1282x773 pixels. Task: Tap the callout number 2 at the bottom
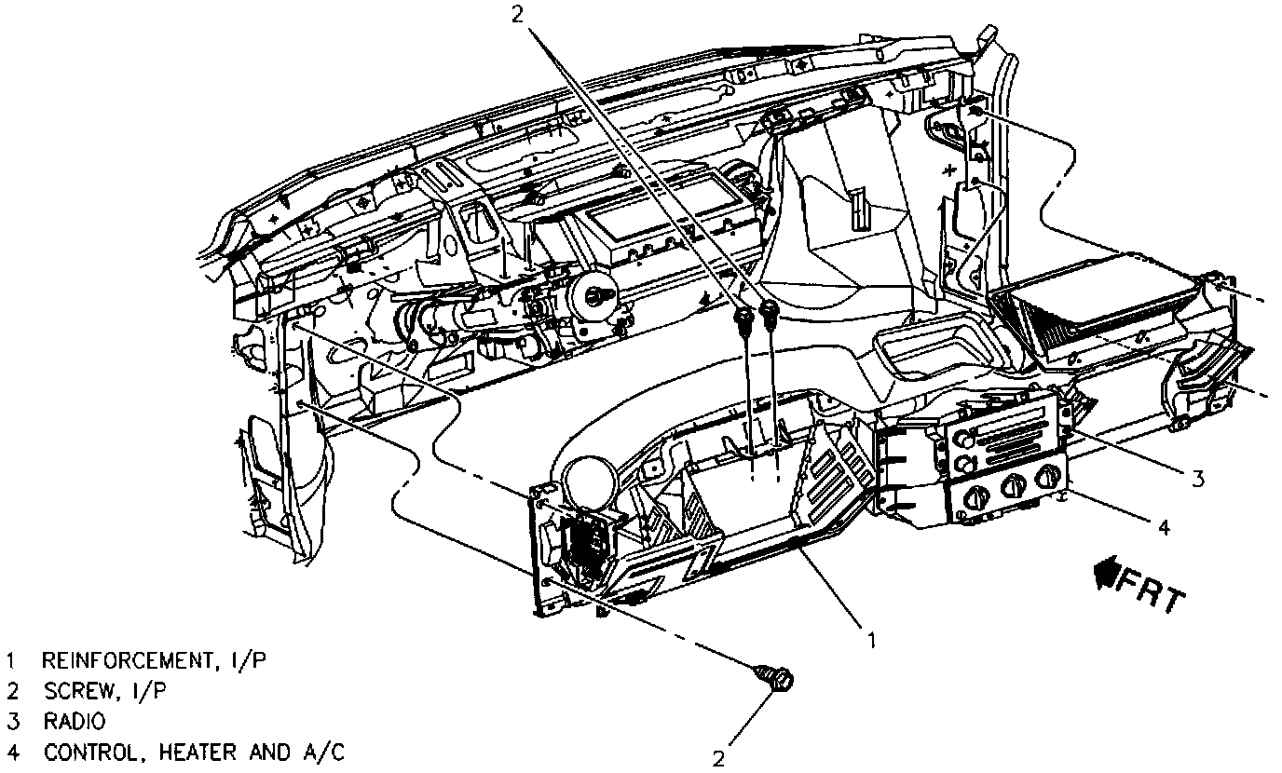click(718, 758)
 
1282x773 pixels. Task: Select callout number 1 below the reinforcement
click(870, 639)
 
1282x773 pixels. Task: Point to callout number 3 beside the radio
click(1197, 479)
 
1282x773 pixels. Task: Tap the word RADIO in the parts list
click(74, 721)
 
